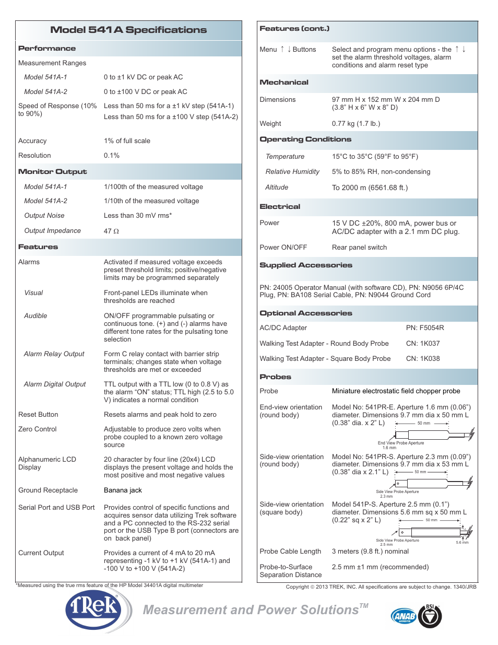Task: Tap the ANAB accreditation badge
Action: [404, 616]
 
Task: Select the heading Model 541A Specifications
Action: [128, 30]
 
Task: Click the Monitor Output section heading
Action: [52, 172]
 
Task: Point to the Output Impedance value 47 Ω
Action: [111, 231]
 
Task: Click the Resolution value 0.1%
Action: [112, 156]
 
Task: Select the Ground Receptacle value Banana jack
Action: [123, 490]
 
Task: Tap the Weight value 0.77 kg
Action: [355, 124]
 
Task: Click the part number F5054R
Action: [424, 328]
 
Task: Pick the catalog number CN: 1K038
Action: [423, 359]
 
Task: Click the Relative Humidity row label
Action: [292, 172]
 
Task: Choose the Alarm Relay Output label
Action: [54, 354]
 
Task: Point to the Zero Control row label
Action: [38, 429]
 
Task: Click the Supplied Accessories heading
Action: [305, 265]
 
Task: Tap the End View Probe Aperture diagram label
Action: [400, 443]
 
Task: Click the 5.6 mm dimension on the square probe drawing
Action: [462, 543]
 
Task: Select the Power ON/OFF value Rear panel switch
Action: [359, 248]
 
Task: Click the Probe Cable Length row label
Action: [290, 552]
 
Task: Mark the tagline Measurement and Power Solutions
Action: [251, 610]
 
